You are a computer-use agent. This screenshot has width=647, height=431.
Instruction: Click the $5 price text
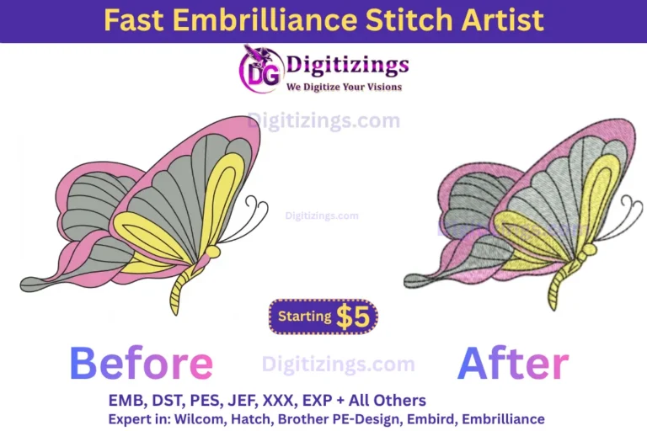(353, 317)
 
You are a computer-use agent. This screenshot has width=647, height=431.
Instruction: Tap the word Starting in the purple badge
(304, 317)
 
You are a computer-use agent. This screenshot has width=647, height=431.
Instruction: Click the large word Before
(141, 364)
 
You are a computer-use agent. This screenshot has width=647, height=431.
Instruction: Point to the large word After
(513, 364)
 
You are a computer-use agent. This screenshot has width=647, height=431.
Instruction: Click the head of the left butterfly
(212, 251)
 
